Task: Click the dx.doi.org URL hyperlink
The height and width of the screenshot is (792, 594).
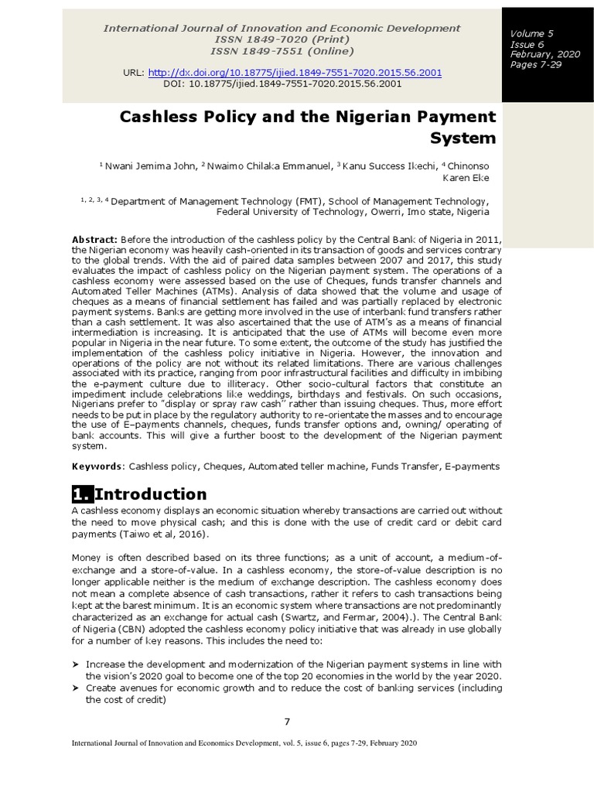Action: (295, 72)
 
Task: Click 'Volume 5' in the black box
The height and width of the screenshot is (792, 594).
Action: (531, 34)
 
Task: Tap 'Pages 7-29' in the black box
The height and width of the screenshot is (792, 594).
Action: (534, 64)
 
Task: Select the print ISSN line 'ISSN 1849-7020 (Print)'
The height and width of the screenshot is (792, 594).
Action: (282, 39)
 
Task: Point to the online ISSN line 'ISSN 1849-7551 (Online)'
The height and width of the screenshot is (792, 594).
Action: (282, 51)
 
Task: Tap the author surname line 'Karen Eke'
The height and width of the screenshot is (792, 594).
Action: (465, 177)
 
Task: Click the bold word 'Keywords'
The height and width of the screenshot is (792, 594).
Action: (97, 466)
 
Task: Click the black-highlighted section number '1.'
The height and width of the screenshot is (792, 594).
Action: (82, 494)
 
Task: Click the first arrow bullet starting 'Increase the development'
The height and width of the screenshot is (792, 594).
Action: (77, 664)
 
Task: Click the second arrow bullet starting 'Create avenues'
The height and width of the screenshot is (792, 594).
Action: (77, 688)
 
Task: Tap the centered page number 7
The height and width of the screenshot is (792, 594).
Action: (287, 722)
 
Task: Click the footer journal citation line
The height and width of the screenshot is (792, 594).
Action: (244, 742)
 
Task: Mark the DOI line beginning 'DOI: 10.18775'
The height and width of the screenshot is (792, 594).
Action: (282, 84)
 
